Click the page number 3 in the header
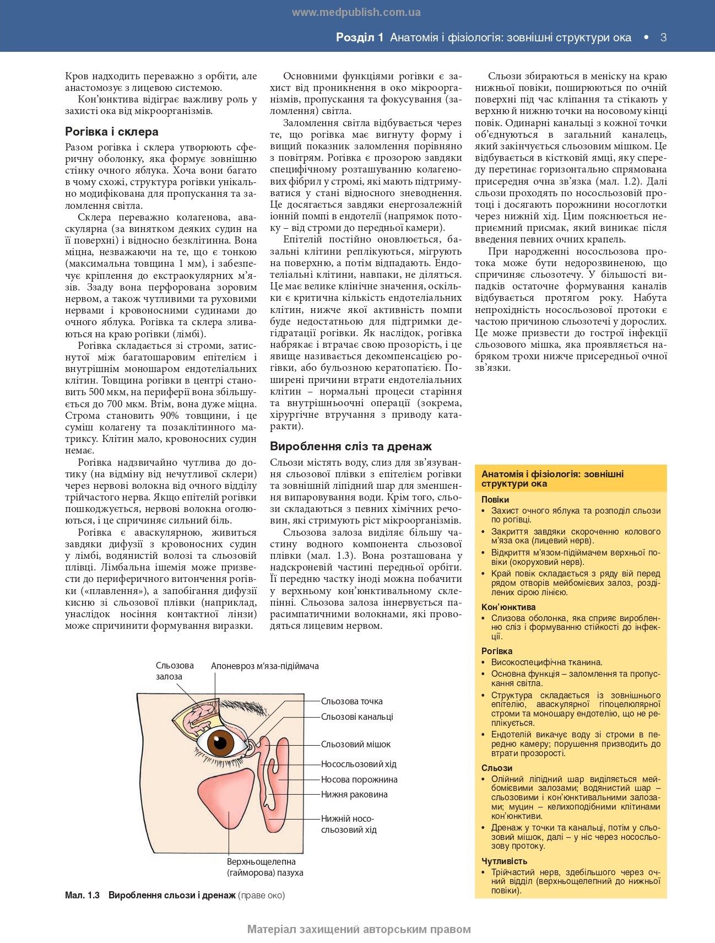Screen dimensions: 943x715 pos(663,37)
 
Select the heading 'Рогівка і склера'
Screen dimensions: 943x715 pos(112,132)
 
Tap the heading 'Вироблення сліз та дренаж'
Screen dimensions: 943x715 pos(350,446)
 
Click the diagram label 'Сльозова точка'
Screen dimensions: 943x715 pos(351,701)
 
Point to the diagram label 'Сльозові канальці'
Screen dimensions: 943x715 pos(357,716)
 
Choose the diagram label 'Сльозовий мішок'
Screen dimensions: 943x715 pos(355,744)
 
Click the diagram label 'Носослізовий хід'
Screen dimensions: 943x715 pos(358,764)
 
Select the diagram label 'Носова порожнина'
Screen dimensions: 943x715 pos(359,779)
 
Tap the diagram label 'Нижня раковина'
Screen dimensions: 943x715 pos(354,794)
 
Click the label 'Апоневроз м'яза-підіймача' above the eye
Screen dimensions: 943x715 pos(264,666)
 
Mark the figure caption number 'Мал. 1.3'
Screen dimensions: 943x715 pos(82,895)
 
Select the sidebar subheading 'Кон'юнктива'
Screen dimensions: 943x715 pos(508,607)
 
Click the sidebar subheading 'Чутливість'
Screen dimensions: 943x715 pos(504,861)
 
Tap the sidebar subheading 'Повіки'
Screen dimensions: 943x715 pos(495,499)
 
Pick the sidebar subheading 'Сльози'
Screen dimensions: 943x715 pos(497,768)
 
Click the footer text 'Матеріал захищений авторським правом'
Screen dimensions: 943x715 pos(359,929)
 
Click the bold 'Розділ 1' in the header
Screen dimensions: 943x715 pos(359,37)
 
